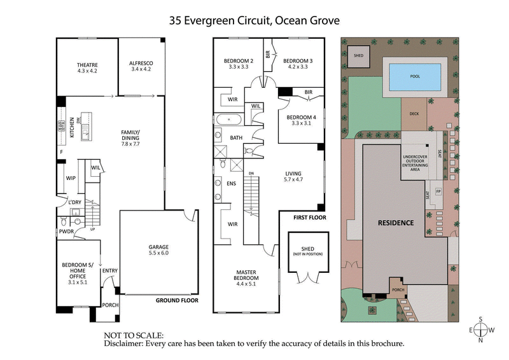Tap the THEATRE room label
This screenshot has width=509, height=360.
click(x=87, y=68)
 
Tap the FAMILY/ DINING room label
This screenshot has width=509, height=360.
click(x=134, y=139)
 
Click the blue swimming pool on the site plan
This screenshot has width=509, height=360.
click(x=414, y=77)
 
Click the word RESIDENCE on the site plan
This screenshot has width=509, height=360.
click(x=396, y=223)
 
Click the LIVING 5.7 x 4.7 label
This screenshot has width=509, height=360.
click(x=293, y=177)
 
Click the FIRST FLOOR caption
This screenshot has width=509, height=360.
click(x=309, y=218)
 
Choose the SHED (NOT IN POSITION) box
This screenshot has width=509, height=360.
click(x=307, y=253)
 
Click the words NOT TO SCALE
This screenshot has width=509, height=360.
click(x=134, y=334)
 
